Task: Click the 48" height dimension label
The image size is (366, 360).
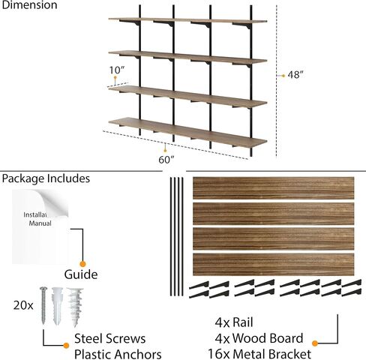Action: point(295,75)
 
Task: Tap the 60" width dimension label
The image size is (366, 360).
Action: point(166,160)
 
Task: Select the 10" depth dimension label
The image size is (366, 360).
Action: point(117,70)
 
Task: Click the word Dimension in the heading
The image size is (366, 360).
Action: point(29,5)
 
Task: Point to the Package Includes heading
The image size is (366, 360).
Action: point(46,178)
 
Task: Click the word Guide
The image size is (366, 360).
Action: point(81,274)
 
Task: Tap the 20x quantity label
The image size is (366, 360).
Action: point(23,305)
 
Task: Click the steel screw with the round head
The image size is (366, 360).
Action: point(43,305)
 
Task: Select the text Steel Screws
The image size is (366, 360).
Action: point(109,339)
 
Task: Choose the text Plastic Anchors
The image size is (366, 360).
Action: point(118,354)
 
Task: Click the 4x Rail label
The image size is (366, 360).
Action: point(234,322)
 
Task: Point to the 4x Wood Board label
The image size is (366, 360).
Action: point(259,338)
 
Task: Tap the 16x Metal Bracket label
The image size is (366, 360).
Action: point(259,354)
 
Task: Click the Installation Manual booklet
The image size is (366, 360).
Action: point(40,226)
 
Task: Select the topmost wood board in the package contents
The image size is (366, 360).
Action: point(274,188)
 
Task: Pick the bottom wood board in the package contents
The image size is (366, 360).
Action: point(274,265)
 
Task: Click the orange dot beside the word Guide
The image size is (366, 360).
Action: point(82,264)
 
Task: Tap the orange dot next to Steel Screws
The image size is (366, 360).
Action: point(66,346)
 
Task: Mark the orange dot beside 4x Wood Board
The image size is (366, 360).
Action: point(315,343)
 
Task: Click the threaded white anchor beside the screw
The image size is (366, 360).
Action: point(75,307)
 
